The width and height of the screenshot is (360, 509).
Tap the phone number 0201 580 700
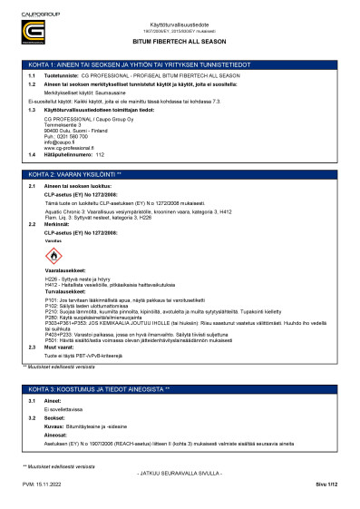[x=69, y=135]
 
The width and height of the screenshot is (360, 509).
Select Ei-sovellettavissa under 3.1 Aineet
[x=63, y=410]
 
